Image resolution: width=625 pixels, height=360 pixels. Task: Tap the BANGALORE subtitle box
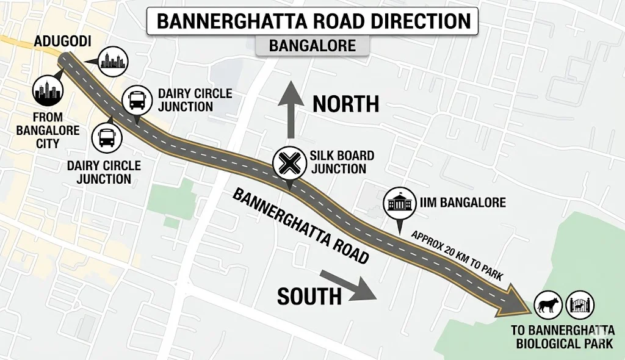tap(312, 46)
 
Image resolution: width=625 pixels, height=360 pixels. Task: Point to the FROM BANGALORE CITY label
tap(48, 131)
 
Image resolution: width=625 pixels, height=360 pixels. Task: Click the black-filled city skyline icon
tap(48, 92)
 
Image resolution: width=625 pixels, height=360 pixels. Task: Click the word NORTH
tap(346, 104)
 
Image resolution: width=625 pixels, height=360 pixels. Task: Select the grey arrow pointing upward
tap(291, 113)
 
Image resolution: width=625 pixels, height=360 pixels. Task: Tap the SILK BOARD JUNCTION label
tap(342, 162)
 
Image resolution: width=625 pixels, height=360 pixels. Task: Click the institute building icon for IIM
tap(399, 204)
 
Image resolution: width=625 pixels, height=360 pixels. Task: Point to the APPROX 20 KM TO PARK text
tap(457, 256)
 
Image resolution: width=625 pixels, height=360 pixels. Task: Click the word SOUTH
tap(309, 296)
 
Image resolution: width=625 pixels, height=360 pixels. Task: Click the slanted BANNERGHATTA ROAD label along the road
tap(300, 226)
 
